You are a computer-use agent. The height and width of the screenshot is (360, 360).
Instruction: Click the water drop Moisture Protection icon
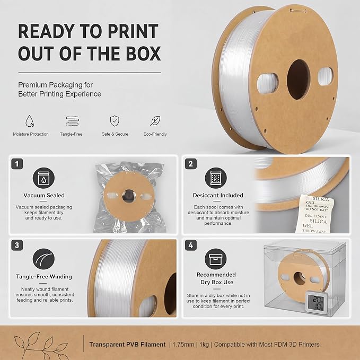30,121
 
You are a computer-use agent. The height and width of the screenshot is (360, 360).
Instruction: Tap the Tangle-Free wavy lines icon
73,121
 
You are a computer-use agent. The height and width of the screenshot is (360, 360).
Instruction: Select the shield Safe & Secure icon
115,121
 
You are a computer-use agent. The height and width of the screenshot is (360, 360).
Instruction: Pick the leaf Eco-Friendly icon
155,121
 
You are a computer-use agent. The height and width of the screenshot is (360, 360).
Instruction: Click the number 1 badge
17,164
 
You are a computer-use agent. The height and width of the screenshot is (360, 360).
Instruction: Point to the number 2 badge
191,164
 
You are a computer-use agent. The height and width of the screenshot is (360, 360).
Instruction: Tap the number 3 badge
17,245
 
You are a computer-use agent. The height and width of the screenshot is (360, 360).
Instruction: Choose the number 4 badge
191,245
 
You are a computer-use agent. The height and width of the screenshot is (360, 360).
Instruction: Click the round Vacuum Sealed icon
43,178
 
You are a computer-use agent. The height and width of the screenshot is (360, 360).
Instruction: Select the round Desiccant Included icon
216,178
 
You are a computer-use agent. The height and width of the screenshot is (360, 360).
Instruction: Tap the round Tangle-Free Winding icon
43,259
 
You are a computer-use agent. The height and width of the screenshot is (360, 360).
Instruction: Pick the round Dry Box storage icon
216,259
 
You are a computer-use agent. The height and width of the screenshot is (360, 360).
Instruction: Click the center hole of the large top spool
298,80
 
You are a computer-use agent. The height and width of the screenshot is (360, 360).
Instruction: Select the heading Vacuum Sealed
44,196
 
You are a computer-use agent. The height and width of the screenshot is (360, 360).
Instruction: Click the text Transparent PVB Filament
127,345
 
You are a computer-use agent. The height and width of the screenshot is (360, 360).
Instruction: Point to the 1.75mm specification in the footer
183,345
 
